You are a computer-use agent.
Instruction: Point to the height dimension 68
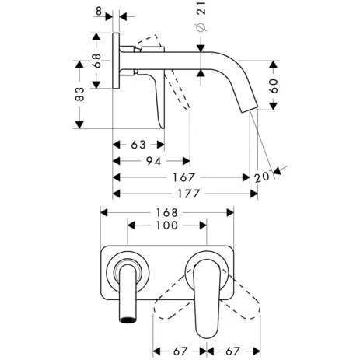96,61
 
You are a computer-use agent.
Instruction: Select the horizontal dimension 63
137,145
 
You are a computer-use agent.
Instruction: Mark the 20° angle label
262,177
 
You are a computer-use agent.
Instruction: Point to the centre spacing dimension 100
167,225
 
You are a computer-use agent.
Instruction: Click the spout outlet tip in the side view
251,110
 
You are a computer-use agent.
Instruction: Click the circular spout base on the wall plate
127,272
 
